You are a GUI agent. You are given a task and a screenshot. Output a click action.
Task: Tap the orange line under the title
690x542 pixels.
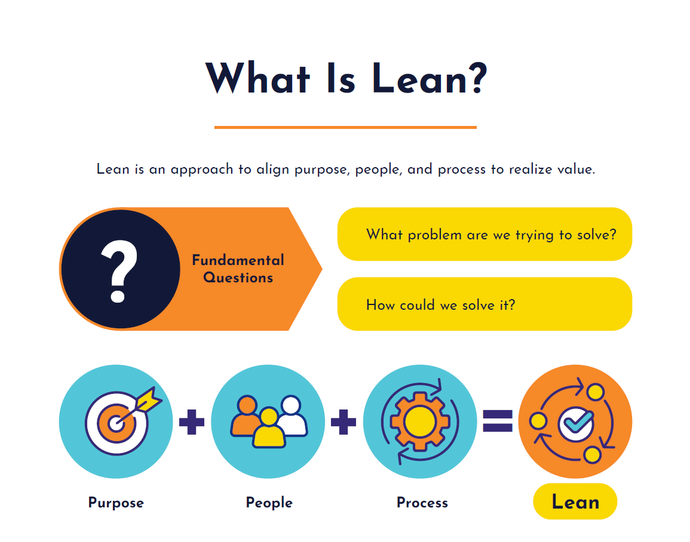coord(345,127)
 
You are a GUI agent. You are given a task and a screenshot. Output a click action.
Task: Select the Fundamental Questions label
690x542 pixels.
coord(238,269)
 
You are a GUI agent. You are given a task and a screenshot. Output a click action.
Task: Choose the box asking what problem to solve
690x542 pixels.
coord(484,234)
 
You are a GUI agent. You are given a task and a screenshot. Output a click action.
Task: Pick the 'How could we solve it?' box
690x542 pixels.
coord(484,304)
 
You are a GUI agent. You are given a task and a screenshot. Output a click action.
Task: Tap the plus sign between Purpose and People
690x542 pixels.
coord(192,422)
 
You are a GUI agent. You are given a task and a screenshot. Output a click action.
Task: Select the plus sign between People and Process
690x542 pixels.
coord(344,422)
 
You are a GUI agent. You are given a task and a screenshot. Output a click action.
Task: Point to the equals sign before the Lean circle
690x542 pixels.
coord(498,421)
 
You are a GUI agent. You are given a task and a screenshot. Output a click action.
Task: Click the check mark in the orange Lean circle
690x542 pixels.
coord(576,423)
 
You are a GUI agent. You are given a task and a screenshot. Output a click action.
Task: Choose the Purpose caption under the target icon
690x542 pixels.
coord(116,503)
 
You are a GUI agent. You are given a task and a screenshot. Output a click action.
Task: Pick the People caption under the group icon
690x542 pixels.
coord(269,503)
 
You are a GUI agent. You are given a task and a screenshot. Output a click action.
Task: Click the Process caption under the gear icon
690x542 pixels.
coord(422,503)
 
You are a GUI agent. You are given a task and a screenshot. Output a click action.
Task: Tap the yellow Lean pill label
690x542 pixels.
coord(575,502)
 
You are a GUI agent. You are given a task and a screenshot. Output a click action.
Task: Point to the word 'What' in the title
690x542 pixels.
coord(257,79)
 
